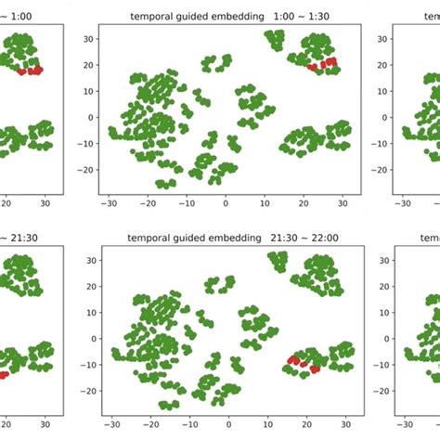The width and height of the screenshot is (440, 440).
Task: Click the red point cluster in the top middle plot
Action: pos(322,64)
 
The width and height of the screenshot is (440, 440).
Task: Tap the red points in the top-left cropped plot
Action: pos(31,71)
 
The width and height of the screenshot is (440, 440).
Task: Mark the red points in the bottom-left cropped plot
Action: pos(4,374)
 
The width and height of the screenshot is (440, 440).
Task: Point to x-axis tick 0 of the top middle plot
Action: pos(226,202)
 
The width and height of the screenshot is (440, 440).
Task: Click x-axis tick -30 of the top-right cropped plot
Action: pos(403,202)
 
